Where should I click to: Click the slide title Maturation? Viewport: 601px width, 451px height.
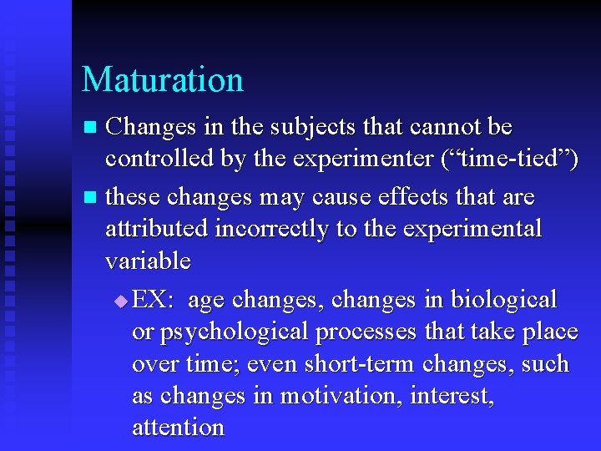click(x=163, y=80)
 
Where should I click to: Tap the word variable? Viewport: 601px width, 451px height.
click(x=148, y=261)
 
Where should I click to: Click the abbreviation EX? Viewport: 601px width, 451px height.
click(x=153, y=300)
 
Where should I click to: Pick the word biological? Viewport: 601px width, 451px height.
click(x=504, y=300)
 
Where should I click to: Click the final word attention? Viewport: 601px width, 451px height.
click(x=178, y=428)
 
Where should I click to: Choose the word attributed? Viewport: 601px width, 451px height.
click(x=157, y=229)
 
